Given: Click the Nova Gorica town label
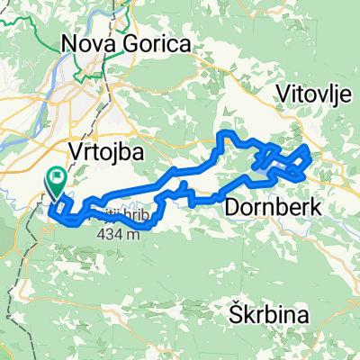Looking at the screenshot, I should (126, 43).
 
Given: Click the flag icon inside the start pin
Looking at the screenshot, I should (58, 179).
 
